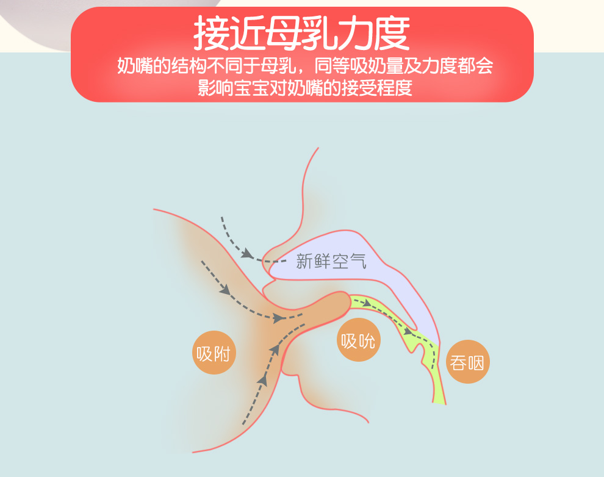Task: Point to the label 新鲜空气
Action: (331, 262)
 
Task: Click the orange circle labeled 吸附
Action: (214, 353)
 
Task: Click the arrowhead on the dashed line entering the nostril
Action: (247, 253)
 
